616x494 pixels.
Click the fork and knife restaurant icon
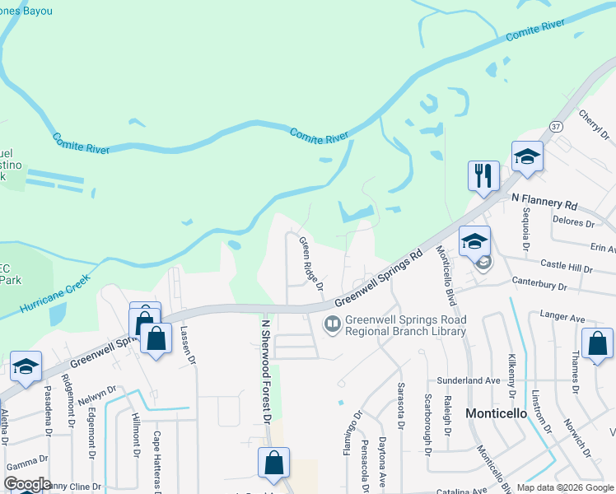click(483, 175)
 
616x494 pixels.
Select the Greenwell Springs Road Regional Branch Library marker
click(333, 325)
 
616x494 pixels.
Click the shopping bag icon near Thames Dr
click(597, 344)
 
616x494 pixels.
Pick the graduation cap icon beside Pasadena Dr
click(26, 367)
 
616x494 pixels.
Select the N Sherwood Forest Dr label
click(266, 366)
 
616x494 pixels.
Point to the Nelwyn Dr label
click(115, 393)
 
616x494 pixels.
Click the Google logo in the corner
click(26, 484)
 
